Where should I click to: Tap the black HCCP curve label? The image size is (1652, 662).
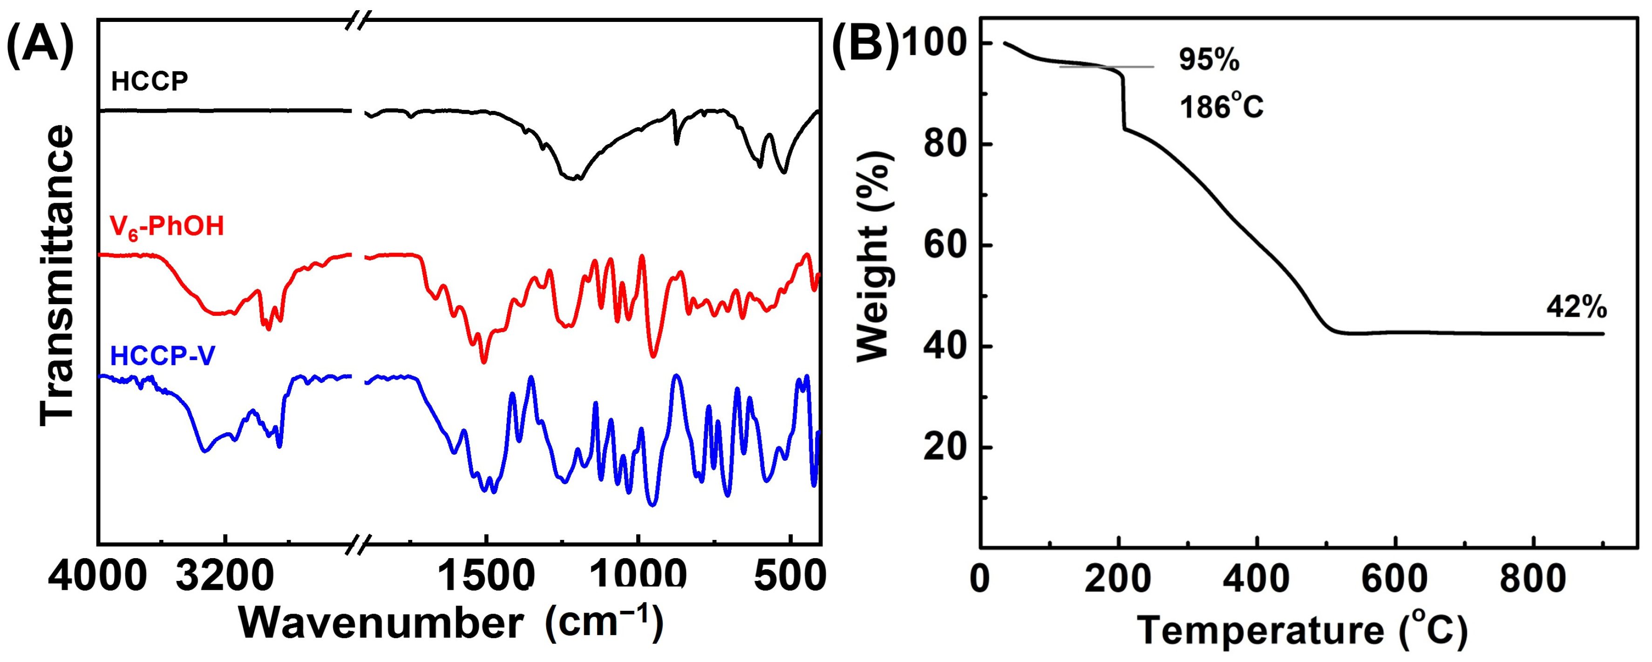[150, 82]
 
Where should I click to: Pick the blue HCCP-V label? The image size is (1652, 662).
[163, 355]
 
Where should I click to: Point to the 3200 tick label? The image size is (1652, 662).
[225, 579]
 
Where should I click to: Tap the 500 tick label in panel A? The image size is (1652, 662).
[789, 579]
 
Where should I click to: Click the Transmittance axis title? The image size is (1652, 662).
[58, 276]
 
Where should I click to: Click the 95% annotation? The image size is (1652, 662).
[1209, 60]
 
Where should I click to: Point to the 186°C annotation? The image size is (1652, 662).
[1221, 107]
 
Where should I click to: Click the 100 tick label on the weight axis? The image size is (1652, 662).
[933, 44]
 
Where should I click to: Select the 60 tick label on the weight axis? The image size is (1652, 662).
[945, 246]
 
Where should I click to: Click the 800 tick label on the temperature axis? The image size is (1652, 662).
[1533, 579]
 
